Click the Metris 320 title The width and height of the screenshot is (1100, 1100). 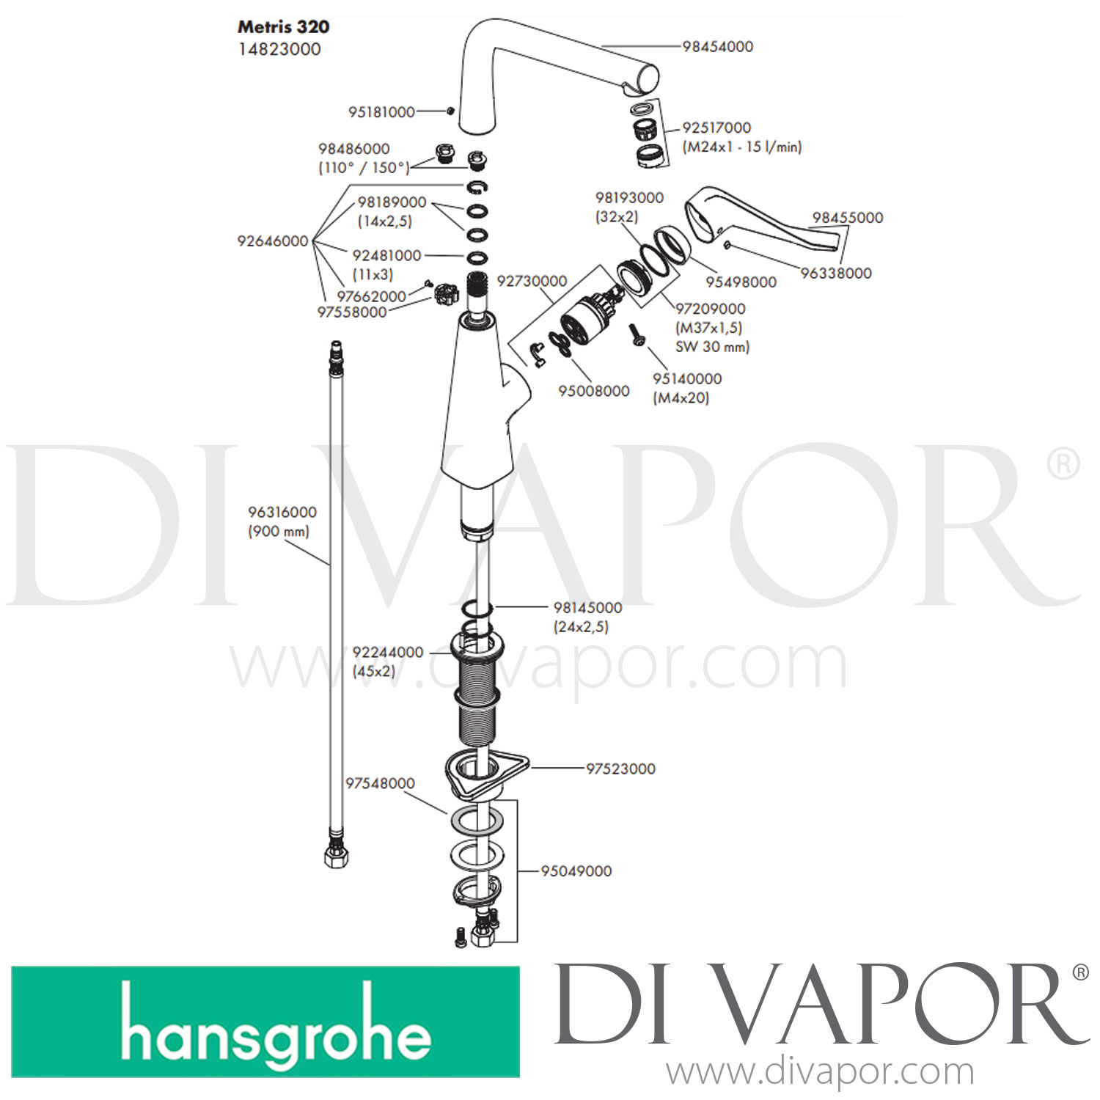click(283, 27)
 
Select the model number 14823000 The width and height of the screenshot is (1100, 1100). click(279, 49)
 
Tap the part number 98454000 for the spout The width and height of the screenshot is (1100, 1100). click(717, 46)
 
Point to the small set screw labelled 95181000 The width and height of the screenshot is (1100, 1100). click(450, 111)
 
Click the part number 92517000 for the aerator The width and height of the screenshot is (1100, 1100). click(716, 128)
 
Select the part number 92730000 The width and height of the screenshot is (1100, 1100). click(532, 281)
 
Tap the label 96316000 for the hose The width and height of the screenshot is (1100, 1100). click(282, 512)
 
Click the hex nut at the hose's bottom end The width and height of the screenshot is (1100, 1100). click(336, 856)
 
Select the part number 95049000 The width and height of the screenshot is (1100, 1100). click(576, 871)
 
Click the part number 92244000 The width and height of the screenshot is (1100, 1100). click(388, 652)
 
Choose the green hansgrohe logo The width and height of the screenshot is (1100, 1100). click(265, 1022)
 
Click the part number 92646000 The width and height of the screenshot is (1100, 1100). click(273, 241)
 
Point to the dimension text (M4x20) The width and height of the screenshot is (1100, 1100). click(681, 397)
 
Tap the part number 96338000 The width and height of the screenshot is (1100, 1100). click(836, 273)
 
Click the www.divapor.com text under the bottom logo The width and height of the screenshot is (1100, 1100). click(820, 1072)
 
